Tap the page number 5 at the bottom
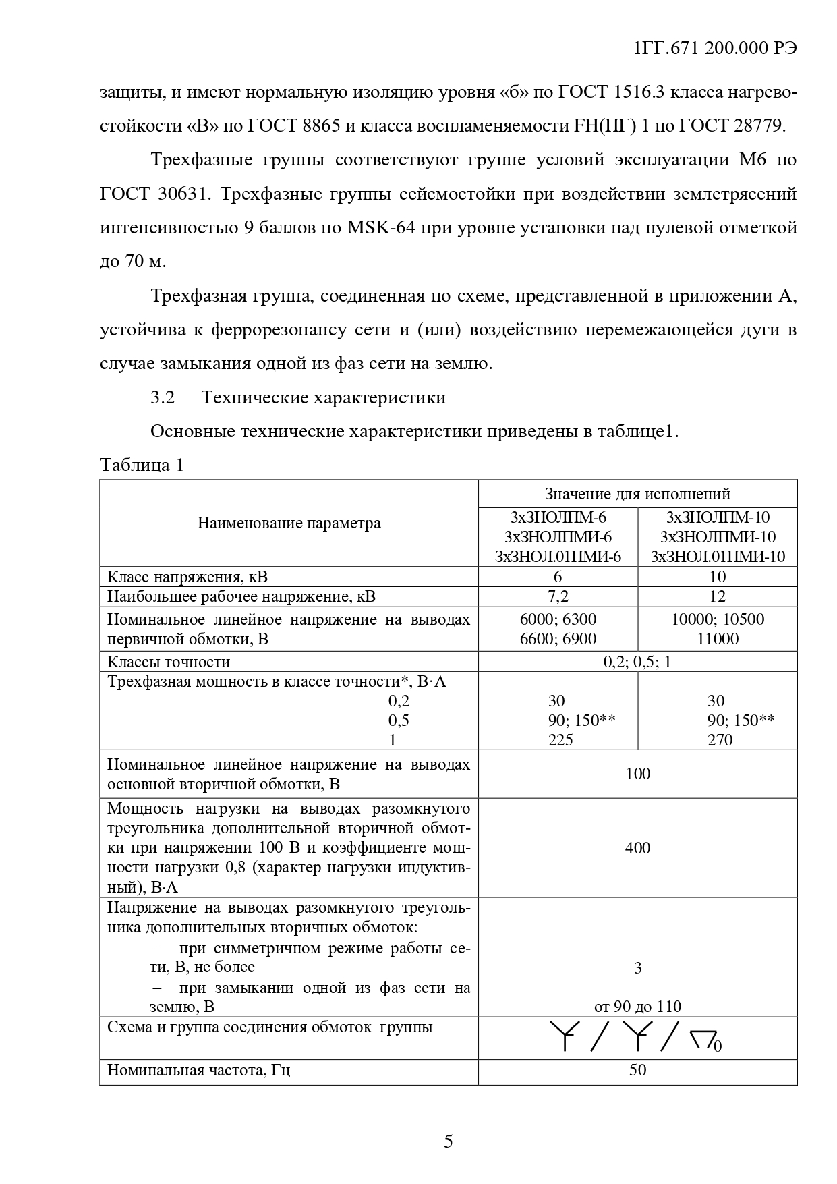tap(449, 1141)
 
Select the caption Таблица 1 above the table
tap(142, 466)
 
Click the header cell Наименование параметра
tap(289, 523)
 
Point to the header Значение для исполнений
tap(637, 494)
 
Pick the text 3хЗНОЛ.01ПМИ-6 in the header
tap(558, 557)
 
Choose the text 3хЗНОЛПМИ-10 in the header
tap(718, 537)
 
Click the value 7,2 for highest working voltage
tap(558, 596)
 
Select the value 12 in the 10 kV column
tap(718, 596)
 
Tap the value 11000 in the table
tap(718, 639)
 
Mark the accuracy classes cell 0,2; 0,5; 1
tap(637, 662)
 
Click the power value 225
tap(560, 740)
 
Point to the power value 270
tap(720, 740)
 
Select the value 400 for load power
tap(637, 848)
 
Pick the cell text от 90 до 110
tap(637, 1007)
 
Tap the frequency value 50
tap(637, 1069)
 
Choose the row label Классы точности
tap(169, 662)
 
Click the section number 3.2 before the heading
tap(163, 398)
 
